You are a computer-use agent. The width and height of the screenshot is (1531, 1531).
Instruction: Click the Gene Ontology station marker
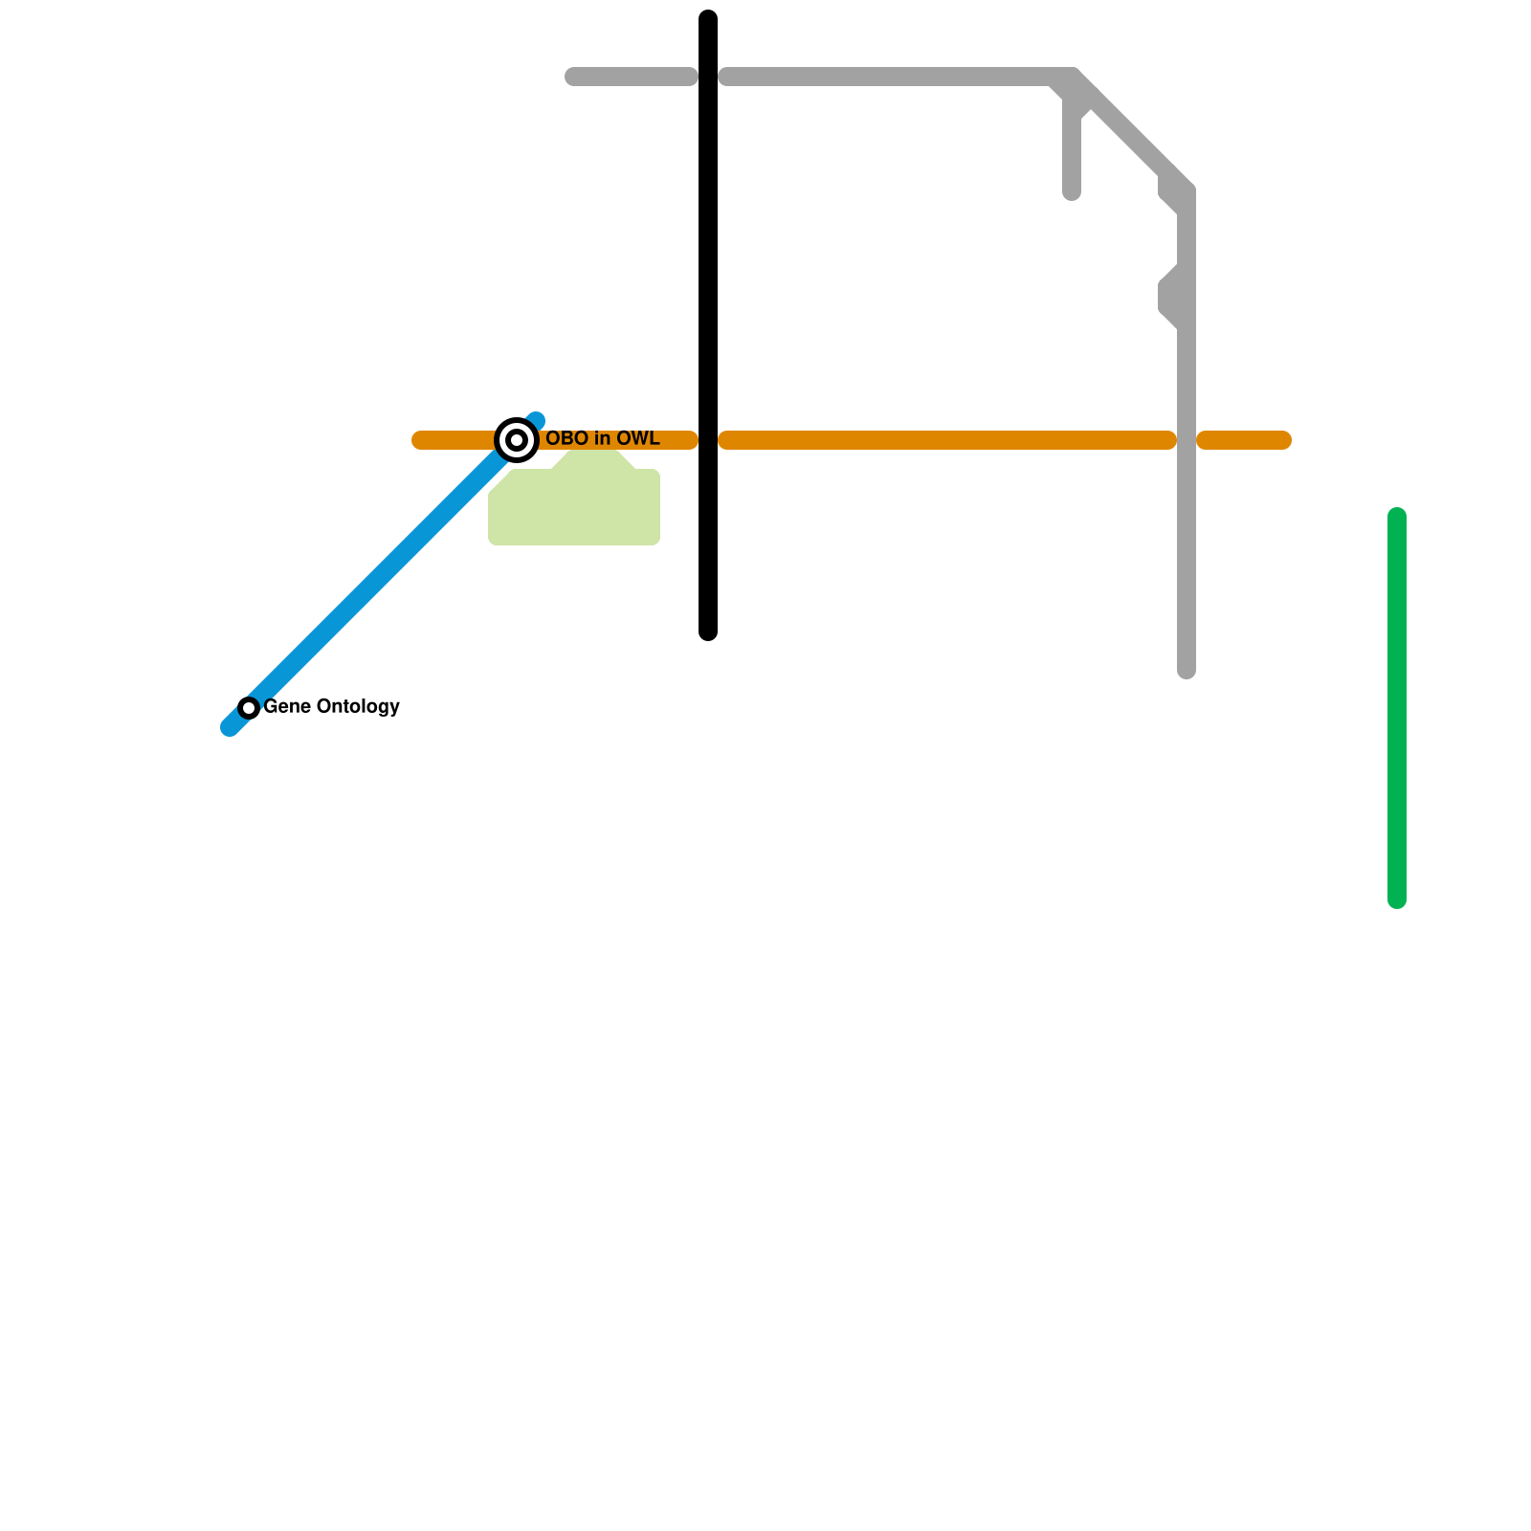click(249, 708)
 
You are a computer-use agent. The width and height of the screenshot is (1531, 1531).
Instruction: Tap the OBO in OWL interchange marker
click(517, 440)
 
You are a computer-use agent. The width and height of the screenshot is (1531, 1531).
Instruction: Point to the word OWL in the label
click(636, 438)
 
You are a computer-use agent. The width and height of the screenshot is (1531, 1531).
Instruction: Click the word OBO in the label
click(566, 438)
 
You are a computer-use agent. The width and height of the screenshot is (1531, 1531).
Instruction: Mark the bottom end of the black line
click(708, 632)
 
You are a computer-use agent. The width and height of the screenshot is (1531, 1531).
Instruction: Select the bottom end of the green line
click(1397, 900)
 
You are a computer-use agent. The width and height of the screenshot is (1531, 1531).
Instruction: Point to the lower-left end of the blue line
click(230, 727)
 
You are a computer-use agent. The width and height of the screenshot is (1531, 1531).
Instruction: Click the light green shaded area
click(574, 507)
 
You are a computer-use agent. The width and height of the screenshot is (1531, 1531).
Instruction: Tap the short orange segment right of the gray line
click(1244, 440)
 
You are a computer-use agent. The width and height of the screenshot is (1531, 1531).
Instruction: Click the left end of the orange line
click(419, 440)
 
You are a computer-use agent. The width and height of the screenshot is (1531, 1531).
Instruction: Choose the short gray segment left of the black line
click(632, 77)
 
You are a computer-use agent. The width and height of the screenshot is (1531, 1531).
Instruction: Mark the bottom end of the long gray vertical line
click(1187, 670)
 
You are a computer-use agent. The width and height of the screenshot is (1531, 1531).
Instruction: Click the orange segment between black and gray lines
click(947, 440)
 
